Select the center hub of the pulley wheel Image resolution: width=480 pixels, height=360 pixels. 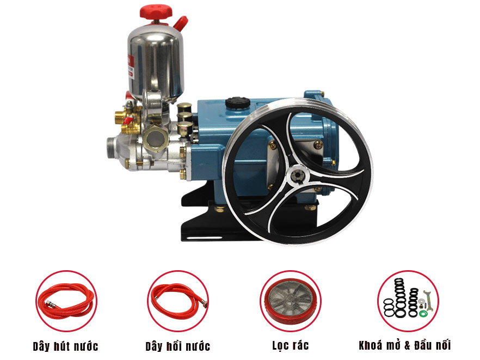coord(297,175)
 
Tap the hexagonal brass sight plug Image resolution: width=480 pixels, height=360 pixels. coord(156,137)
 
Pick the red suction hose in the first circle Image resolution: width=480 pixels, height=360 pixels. coord(66,301)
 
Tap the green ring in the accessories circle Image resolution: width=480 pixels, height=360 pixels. coord(423,314)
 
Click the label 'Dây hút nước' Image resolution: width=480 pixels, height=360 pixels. coord(65,346)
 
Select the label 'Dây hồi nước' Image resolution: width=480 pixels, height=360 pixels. coord(177,346)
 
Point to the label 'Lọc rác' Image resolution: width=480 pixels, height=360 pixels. coord(291,346)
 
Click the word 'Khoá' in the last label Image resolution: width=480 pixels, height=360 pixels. coord(371,345)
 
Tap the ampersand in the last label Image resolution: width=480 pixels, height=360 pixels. coord(407,346)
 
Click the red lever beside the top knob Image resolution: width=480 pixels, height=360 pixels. coord(180,23)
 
